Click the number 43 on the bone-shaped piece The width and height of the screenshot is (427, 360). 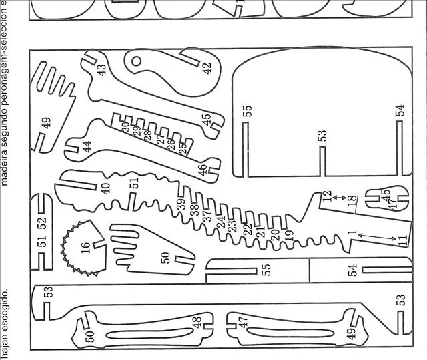pyautogui.click(x=102, y=70)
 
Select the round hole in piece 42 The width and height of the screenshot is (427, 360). pyautogui.click(x=137, y=62)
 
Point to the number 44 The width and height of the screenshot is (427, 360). pyautogui.click(x=87, y=146)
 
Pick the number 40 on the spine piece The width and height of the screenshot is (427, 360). pyautogui.click(x=105, y=188)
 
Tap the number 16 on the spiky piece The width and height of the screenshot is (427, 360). pyautogui.click(x=85, y=248)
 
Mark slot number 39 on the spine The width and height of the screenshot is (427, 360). pyautogui.click(x=180, y=204)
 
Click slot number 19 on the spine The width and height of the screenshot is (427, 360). pyautogui.click(x=288, y=235)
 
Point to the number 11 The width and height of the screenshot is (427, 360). pyautogui.click(x=402, y=240)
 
